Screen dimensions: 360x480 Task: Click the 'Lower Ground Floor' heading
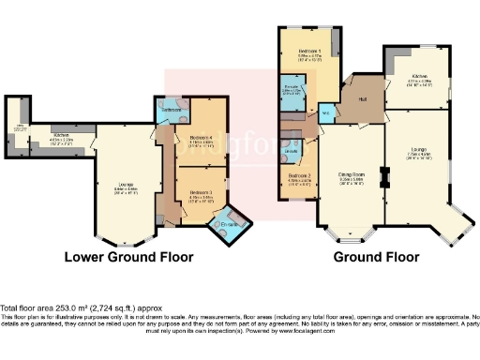click(x=128, y=256)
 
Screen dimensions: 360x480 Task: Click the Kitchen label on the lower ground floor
click(x=63, y=136)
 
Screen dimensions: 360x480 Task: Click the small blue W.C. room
click(x=325, y=112)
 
